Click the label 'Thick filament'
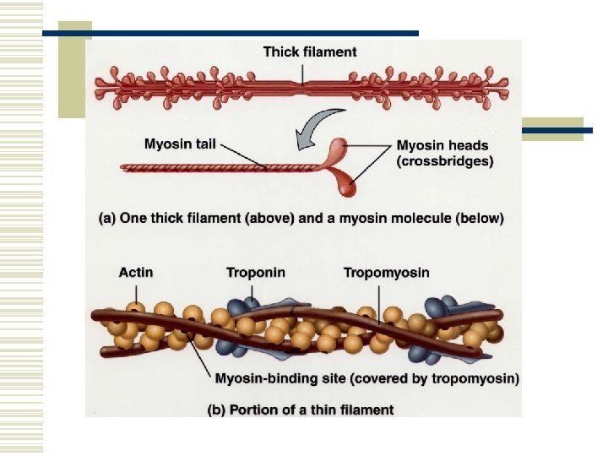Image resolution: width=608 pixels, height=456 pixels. click(x=309, y=52)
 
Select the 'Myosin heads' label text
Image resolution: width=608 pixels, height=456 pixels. click(x=442, y=146)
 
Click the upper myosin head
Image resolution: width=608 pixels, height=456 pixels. click(x=339, y=150)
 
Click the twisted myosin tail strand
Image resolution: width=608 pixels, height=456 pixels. click(x=220, y=167)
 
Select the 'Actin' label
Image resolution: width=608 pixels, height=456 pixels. click(x=135, y=273)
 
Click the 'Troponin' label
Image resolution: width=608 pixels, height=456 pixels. click(x=255, y=273)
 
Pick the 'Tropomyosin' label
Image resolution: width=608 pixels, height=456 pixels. click(x=386, y=273)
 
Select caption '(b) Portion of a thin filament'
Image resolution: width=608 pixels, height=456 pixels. click(x=301, y=410)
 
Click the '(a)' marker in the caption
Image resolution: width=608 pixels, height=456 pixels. click(x=108, y=218)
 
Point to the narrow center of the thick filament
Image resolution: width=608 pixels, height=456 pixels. click(x=303, y=84)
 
